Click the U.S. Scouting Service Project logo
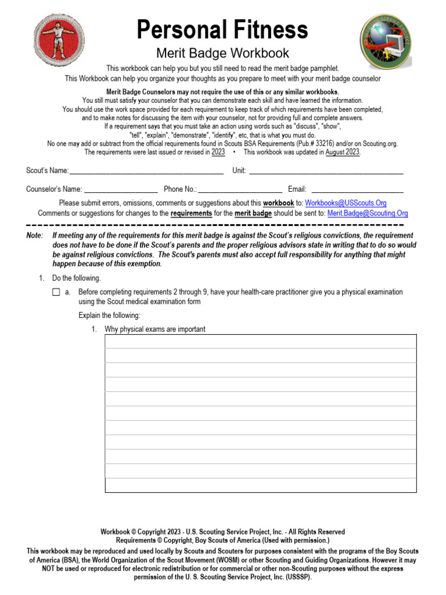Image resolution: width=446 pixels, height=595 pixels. (x=386, y=40)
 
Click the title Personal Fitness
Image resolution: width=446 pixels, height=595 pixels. (x=222, y=30)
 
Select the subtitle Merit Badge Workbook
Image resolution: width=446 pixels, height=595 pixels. (x=222, y=53)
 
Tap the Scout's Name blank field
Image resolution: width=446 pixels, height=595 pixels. (x=146, y=170)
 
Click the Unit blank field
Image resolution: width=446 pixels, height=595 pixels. (x=326, y=170)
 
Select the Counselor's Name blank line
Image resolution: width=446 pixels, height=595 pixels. (x=121, y=189)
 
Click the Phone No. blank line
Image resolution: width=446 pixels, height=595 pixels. (x=240, y=189)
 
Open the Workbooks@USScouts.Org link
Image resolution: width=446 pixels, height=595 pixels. (x=346, y=203)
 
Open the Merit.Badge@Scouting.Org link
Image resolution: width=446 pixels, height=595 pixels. (x=367, y=213)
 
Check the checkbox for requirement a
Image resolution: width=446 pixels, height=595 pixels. (x=56, y=292)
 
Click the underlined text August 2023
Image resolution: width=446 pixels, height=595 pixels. (x=343, y=152)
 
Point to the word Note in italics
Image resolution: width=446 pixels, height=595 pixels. (x=34, y=236)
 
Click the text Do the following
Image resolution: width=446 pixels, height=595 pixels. (x=76, y=278)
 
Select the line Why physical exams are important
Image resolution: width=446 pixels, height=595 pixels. (x=155, y=329)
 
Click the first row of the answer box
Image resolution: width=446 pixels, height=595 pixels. (x=260, y=342)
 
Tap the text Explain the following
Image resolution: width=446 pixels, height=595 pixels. (x=109, y=316)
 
